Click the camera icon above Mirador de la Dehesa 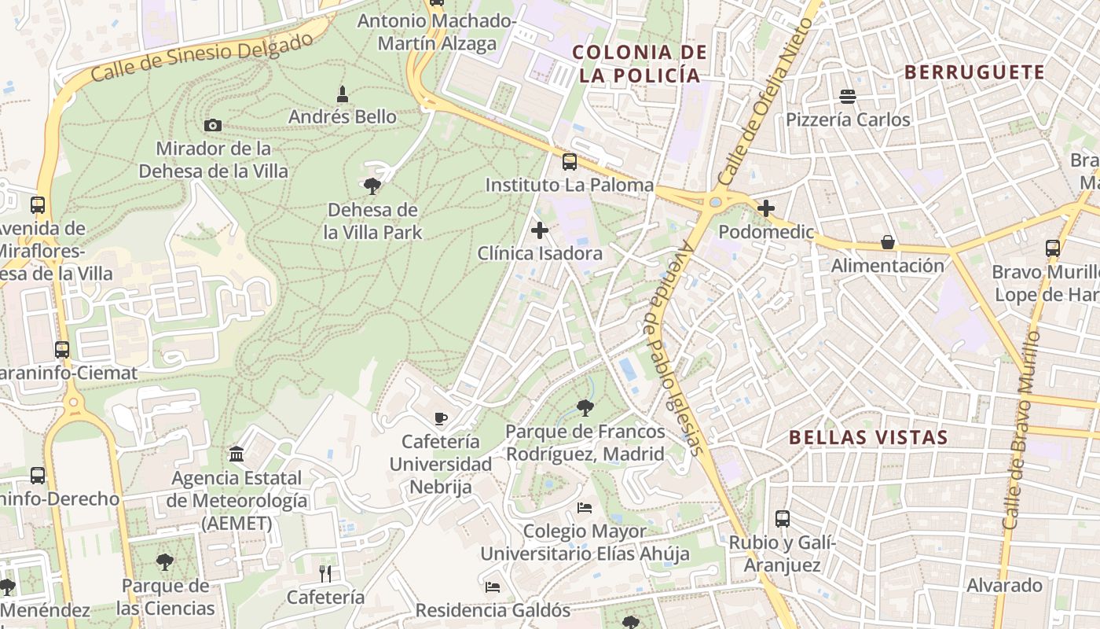(212, 125)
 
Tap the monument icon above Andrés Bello (342, 94)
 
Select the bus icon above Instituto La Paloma (570, 162)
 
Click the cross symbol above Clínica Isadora (540, 230)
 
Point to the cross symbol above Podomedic (766, 208)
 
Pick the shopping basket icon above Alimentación (888, 242)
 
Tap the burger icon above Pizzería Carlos (848, 97)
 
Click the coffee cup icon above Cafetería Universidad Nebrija (441, 417)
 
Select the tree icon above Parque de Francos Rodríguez (585, 408)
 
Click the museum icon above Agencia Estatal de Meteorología (236, 454)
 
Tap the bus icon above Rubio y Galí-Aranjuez (783, 518)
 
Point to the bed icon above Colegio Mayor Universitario (585, 507)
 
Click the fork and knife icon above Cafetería (325, 573)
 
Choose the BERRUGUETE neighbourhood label (974, 72)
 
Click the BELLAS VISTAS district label (868, 437)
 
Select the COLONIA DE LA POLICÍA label (639, 64)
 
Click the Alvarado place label (1004, 585)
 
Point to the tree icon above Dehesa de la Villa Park (372, 186)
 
